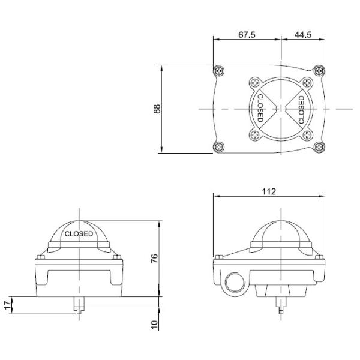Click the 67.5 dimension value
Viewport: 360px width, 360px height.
[x=247, y=35]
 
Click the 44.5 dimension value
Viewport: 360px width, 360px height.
[x=303, y=35]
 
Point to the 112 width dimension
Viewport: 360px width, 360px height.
[x=269, y=191]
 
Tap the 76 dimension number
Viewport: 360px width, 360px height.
[x=154, y=259]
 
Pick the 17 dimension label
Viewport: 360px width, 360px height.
[x=7, y=305]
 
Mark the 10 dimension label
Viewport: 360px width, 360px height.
[x=154, y=324]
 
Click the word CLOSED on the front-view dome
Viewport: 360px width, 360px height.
[x=79, y=234]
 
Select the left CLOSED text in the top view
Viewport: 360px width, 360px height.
[x=260, y=109]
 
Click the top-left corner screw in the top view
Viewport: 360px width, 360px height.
[x=220, y=72]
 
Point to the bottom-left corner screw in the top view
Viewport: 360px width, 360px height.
[x=220, y=146]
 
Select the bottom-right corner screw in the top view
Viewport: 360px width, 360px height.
[x=320, y=146]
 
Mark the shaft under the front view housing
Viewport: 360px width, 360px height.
[x=79, y=307]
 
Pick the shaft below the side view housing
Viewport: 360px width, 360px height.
[x=282, y=308]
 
